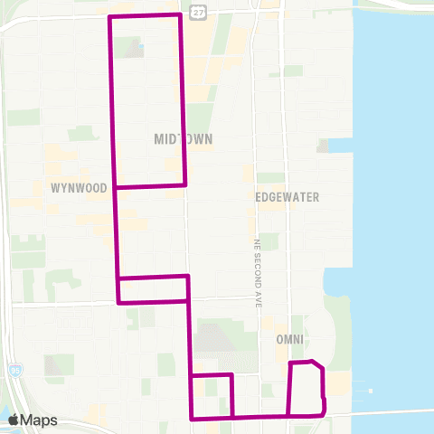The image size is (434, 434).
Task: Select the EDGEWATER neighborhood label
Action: (x=288, y=196)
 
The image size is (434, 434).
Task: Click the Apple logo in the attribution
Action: (x=14, y=420)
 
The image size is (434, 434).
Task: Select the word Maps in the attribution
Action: (x=39, y=420)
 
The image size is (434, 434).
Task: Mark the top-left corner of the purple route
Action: (x=109, y=17)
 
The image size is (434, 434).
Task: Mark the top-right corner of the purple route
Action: (x=180, y=15)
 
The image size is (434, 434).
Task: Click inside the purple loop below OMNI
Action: (x=306, y=389)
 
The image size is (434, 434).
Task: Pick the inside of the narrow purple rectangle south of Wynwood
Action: (x=153, y=289)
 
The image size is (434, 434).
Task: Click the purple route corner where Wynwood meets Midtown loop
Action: (x=116, y=187)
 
